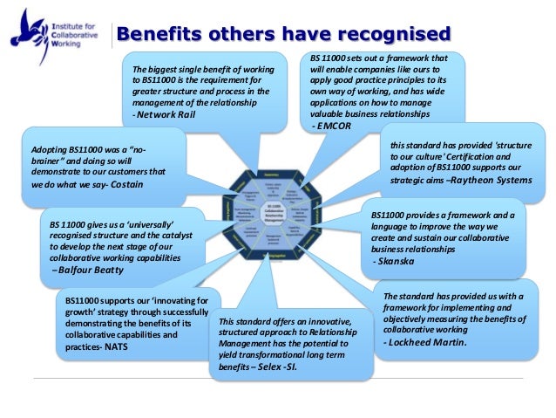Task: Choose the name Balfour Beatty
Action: click(x=88, y=271)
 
